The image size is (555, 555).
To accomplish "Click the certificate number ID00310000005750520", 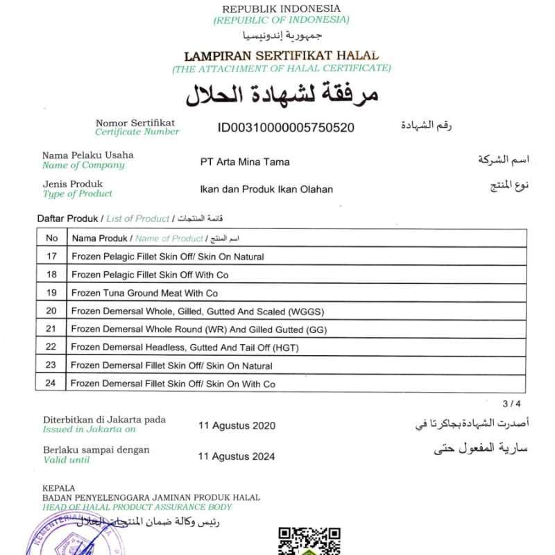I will [x=286, y=127].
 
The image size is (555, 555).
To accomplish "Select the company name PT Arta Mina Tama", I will [x=244, y=162].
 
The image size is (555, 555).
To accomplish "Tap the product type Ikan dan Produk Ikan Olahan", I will [x=266, y=189].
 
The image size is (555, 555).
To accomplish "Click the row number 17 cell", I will [x=51, y=257].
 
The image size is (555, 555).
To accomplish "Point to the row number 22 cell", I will [x=51, y=347].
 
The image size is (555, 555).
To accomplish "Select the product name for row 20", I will [x=197, y=311].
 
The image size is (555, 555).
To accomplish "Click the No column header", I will [x=51, y=238].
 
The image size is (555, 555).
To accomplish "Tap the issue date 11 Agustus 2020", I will [x=237, y=425].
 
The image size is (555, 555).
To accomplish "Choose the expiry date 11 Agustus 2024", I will [x=237, y=456].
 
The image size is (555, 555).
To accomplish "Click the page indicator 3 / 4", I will [x=510, y=403].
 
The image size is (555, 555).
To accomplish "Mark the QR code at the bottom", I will [x=309, y=541].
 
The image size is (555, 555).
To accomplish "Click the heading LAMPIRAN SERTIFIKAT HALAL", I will [x=281, y=55].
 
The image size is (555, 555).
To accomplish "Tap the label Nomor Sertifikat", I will [x=135, y=122].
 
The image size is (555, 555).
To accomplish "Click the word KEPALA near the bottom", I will [x=59, y=488].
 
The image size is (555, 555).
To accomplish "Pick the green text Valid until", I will [x=67, y=459].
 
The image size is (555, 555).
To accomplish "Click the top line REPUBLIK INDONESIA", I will [x=281, y=8].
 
